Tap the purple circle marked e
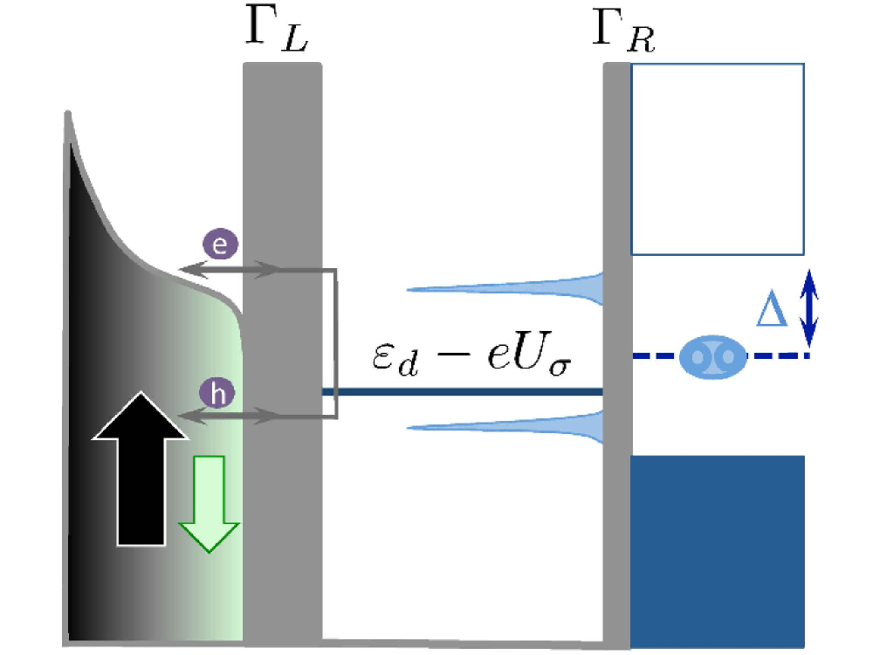[221, 245]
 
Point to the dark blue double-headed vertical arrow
[810, 307]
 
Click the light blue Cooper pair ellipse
[710, 356]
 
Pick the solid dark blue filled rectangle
[717, 550]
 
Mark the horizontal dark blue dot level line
[463, 392]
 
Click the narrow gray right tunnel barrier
[616, 524]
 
